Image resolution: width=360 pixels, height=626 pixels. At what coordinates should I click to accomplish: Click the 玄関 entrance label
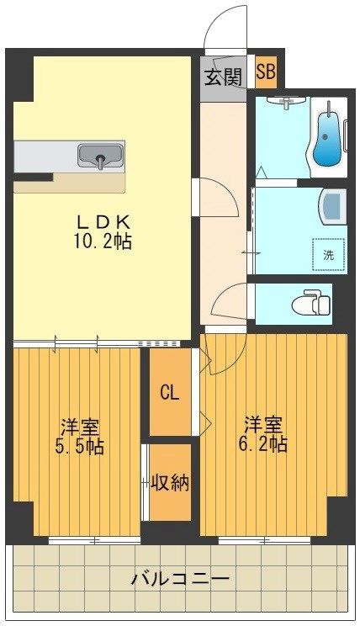tap(223, 76)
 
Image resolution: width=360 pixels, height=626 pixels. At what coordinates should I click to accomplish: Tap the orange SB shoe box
tap(265, 72)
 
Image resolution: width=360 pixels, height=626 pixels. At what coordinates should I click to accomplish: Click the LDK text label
tap(105, 222)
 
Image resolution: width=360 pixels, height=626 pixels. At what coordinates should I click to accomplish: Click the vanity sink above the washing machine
tap(333, 204)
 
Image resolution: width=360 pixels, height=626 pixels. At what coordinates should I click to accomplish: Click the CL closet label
tap(169, 392)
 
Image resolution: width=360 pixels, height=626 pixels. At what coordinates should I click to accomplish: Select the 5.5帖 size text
tap(82, 446)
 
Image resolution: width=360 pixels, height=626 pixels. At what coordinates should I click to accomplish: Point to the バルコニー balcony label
tap(180, 580)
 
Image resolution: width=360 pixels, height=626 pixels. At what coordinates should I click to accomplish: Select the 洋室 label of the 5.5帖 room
tap(82, 425)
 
